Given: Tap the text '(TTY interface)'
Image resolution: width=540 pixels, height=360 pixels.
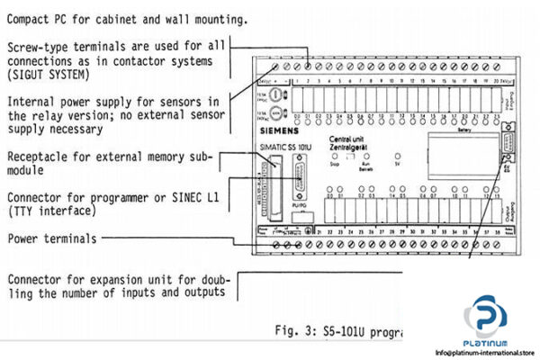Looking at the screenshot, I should click(x=50, y=211).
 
